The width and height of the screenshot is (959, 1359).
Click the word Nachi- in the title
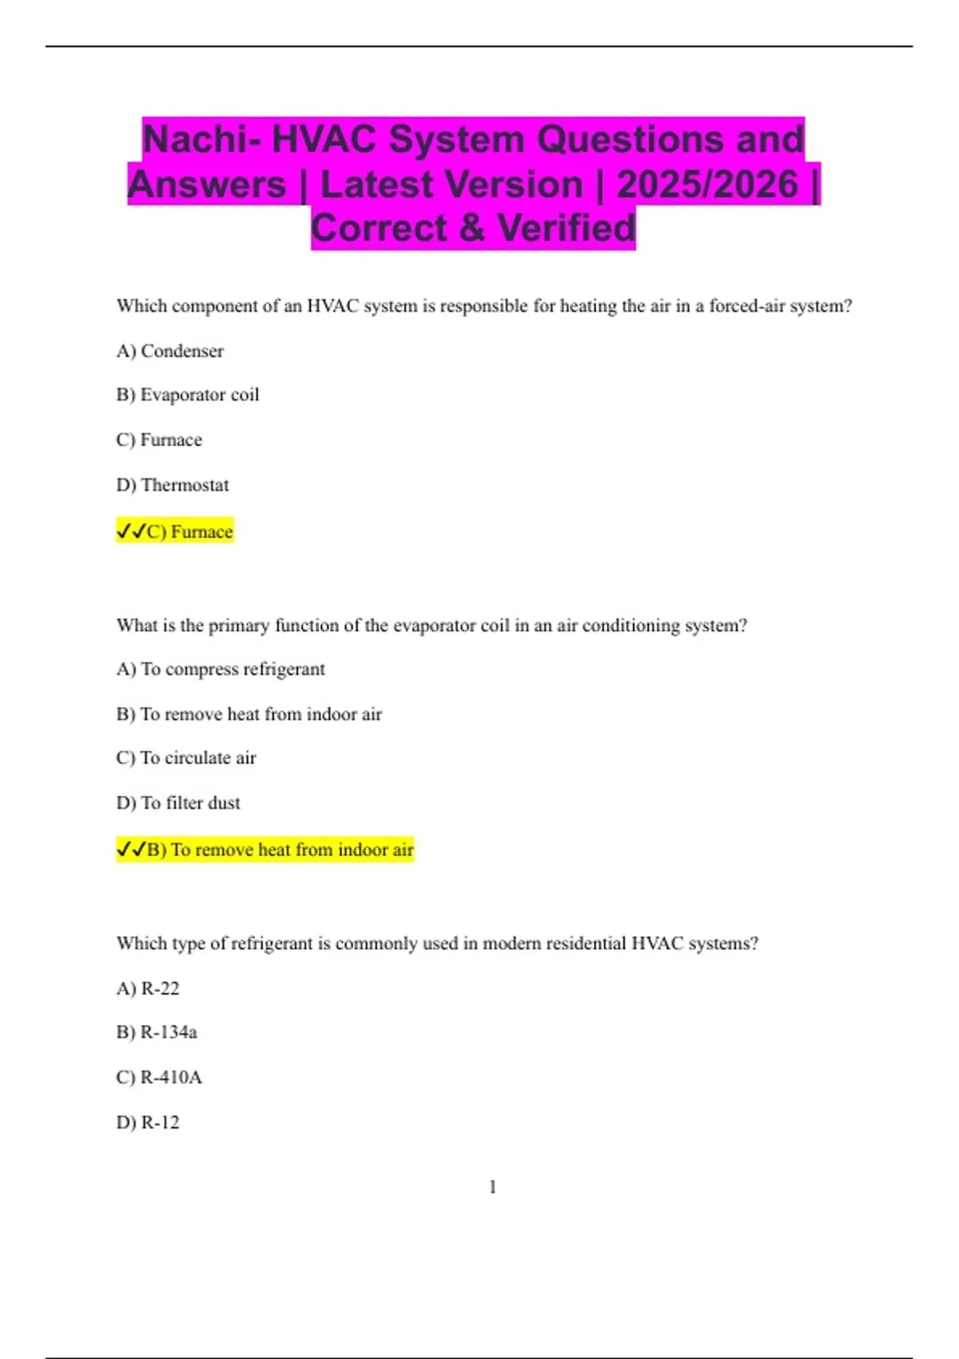pos(202,140)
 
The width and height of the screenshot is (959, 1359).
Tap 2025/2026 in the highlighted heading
pos(707,185)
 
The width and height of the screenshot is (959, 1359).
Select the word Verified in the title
pos(567,229)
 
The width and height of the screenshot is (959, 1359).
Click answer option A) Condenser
pos(170,351)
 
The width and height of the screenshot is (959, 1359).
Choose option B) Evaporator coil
pos(188,395)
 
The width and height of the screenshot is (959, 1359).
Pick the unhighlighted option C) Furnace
pos(159,440)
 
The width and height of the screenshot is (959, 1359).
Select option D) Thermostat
pos(173,485)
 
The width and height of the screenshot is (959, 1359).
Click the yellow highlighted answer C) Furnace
pos(175,532)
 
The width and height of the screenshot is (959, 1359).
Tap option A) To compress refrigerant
pos(221,669)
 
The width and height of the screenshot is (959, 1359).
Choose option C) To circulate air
pos(186,758)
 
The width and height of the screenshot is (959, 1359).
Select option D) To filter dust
pos(178,803)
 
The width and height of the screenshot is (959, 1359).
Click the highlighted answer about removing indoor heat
pos(265,850)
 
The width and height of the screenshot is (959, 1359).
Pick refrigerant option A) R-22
pos(148,989)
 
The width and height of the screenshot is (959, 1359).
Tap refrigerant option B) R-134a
pos(157,1033)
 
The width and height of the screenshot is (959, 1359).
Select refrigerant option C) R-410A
pos(159,1078)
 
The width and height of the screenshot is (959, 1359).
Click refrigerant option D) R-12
pos(148,1123)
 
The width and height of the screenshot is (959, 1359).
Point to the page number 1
pos(492,1187)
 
